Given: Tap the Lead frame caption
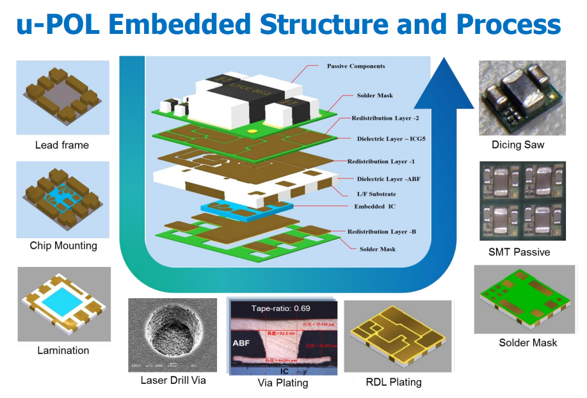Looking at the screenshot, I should (61, 145).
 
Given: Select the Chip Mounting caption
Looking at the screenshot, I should (63, 246).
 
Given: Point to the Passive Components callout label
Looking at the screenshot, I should (356, 66).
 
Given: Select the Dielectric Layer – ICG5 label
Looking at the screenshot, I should (388, 138).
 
